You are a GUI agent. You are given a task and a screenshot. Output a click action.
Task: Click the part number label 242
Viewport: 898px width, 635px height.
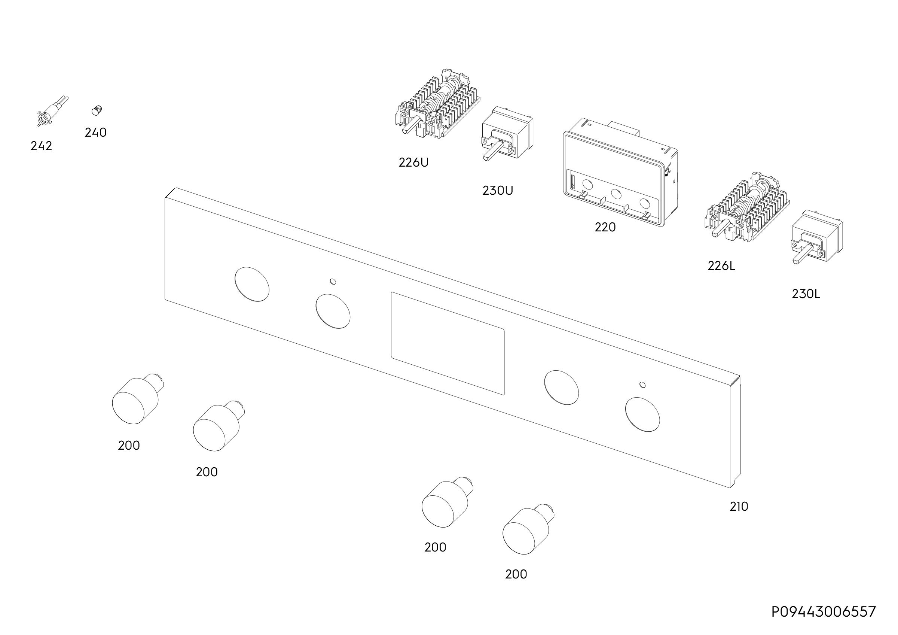point(41,146)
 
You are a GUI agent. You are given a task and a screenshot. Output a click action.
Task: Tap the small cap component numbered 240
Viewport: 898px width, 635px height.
point(97,110)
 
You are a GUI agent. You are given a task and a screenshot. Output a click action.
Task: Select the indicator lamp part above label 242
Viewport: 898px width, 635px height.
point(52,111)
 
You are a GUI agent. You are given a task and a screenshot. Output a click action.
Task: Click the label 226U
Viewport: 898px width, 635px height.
point(413,162)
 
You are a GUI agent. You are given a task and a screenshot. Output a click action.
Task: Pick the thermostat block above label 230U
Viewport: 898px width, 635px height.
point(507,133)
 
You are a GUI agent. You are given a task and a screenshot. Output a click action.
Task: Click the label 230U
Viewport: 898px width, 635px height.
point(498,191)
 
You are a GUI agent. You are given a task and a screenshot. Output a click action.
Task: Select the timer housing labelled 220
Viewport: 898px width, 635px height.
point(620,174)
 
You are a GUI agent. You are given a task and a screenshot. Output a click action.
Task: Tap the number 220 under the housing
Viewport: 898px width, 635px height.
point(605,227)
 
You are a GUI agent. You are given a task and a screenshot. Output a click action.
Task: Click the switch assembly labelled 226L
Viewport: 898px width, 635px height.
point(748,207)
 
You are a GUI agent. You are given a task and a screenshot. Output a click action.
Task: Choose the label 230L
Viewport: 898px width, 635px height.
point(806,294)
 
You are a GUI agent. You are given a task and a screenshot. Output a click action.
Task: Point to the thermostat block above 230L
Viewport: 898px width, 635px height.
point(817,237)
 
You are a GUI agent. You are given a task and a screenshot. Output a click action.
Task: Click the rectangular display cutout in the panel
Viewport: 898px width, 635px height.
point(448,343)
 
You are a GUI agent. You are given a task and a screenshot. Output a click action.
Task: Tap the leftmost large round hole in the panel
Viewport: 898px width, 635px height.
point(252,285)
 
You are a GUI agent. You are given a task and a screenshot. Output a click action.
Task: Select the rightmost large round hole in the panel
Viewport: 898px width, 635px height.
point(642,415)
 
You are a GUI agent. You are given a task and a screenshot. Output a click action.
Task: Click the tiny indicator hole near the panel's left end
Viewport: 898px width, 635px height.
point(333,281)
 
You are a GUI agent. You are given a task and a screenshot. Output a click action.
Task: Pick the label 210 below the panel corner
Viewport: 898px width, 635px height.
point(739,507)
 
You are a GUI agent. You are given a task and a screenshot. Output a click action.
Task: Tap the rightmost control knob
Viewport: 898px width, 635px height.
point(528,529)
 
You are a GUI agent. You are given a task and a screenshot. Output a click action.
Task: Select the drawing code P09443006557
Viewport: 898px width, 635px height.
point(824,611)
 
